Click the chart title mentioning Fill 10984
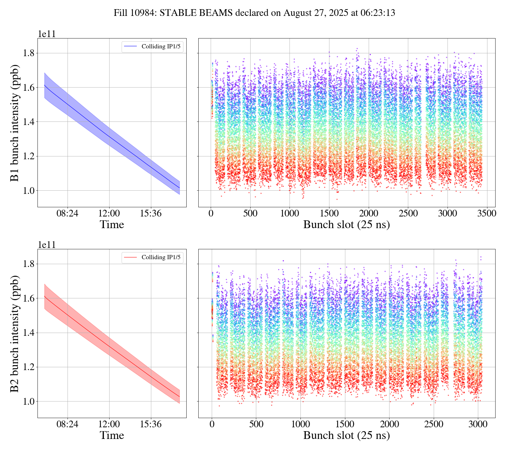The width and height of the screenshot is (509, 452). pos(254,13)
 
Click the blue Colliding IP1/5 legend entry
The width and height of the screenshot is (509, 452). pos(153,47)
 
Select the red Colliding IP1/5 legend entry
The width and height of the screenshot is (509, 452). pos(153,257)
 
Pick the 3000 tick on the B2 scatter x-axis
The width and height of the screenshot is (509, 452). pos(478,424)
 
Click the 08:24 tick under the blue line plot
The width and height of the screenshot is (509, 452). pos(68,213)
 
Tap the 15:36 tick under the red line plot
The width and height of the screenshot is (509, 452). pos(151,424)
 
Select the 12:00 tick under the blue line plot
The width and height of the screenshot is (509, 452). pos(109,213)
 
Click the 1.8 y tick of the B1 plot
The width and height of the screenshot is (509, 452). pos(28,53)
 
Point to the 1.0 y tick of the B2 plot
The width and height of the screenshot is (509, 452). pos(28,402)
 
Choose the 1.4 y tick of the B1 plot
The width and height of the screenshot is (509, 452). pos(28,122)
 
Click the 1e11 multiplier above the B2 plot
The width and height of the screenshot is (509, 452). pos(47,244)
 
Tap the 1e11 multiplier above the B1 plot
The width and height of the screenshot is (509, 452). pos(47,34)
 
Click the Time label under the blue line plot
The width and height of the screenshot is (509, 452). pos(112,225)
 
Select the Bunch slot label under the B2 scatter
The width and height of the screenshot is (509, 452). pos(346,435)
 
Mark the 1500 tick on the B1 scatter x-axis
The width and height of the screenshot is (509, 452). pos(329,213)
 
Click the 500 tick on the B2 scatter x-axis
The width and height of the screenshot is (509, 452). pos(256,424)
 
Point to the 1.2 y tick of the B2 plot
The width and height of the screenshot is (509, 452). pos(28,367)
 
